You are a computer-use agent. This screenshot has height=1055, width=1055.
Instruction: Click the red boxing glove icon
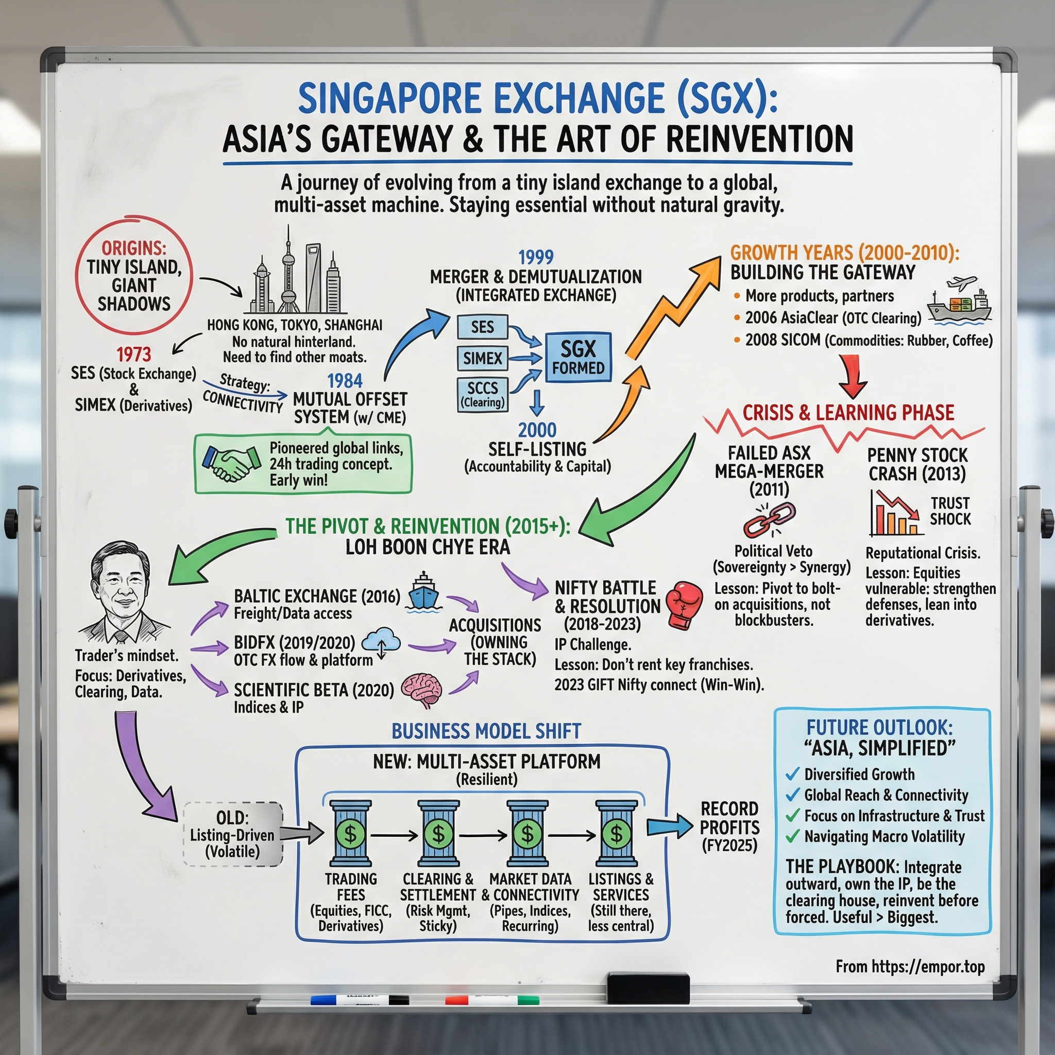(x=685, y=604)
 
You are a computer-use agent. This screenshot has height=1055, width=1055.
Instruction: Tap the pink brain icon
(x=421, y=690)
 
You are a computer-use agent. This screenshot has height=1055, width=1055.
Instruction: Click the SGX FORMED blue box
(x=578, y=357)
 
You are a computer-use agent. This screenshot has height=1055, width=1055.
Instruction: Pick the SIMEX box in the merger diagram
(x=482, y=358)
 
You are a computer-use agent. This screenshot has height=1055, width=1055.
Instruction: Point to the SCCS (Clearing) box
(x=482, y=394)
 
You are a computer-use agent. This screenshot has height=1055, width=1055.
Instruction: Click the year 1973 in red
(x=134, y=354)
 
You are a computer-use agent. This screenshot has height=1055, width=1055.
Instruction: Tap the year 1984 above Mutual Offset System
(x=345, y=380)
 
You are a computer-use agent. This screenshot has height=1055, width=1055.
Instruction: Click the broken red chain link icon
(x=769, y=519)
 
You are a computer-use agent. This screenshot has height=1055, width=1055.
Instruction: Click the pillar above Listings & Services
(x=617, y=833)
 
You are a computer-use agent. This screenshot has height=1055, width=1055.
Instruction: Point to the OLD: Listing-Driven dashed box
(x=233, y=834)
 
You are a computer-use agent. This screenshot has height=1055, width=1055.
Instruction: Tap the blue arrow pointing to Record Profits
(x=669, y=827)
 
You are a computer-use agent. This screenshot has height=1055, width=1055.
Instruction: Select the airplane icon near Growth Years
(x=962, y=283)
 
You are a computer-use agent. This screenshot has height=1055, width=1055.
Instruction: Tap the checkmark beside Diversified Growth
(x=792, y=774)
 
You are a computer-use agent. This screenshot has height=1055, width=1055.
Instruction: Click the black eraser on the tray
(x=648, y=988)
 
